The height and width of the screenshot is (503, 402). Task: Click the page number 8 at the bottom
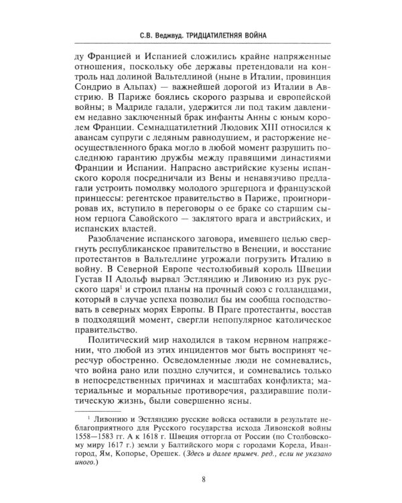pyautogui.click(x=201, y=478)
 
